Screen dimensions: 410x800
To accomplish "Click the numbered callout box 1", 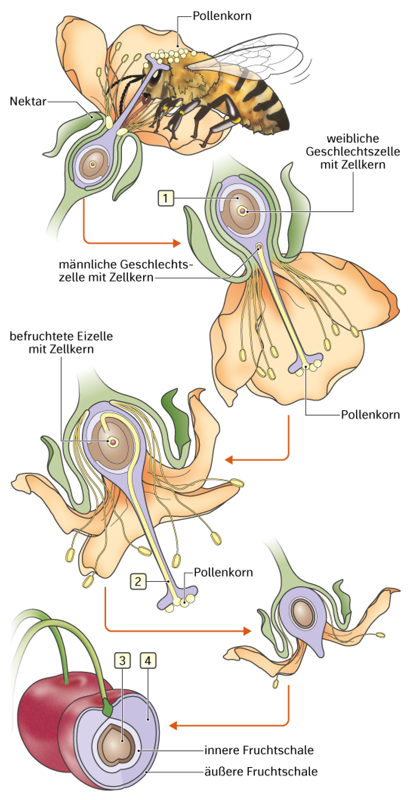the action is click(165, 198).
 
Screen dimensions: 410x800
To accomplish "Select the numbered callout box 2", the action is click(138, 581).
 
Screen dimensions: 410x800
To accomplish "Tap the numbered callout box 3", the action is click(122, 660).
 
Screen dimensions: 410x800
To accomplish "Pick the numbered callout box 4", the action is click(148, 660).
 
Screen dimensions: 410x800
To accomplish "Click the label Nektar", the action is click(28, 101).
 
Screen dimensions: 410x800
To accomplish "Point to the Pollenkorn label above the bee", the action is click(222, 16).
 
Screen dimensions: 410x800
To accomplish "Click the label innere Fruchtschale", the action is click(259, 750).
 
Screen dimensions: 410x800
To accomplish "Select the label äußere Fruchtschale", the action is click(261, 771).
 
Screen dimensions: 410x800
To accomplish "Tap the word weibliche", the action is click(353, 138).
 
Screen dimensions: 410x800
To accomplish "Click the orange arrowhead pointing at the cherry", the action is click(173, 726).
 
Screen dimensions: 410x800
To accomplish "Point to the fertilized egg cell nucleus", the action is click(113, 442).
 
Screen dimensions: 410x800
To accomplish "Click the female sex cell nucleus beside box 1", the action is click(242, 211).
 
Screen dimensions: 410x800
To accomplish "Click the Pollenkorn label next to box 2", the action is click(223, 572).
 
